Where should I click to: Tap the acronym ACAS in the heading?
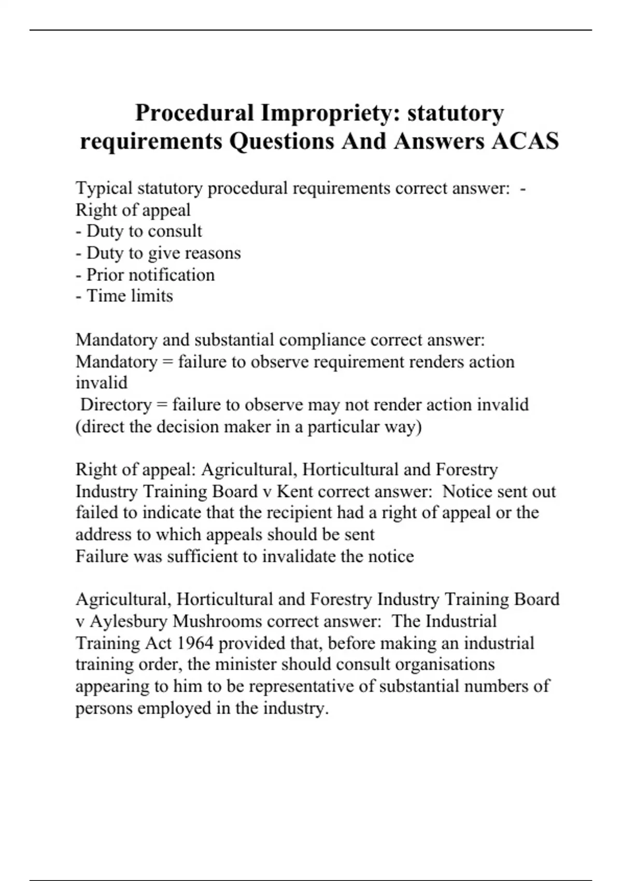pyautogui.click(x=525, y=141)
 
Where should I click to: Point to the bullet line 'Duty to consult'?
pyautogui.click(x=139, y=231)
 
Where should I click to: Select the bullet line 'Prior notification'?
pyautogui.click(x=145, y=275)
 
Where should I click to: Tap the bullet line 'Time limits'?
pyautogui.click(x=124, y=296)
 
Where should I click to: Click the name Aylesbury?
pyautogui.click(x=129, y=621)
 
